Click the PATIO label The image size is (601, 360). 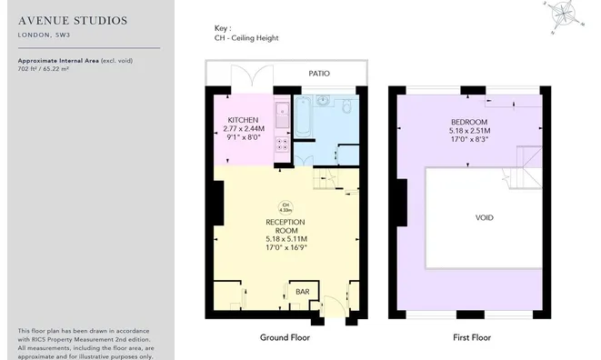click(x=318, y=73)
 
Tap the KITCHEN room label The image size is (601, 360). click(x=243, y=120)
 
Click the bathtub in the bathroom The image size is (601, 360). click(x=305, y=120)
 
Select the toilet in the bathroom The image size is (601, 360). click(x=347, y=108)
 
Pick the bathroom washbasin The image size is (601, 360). click(x=324, y=99)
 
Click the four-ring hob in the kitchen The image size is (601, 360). click(x=283, y=142)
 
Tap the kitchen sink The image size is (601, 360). click(x=282, y=115)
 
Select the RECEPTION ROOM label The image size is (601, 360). click(x=285, y=226)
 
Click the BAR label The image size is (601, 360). click(x=302, y=292)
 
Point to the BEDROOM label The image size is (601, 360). click(x=469, y=122)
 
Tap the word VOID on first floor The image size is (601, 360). click(x=485, y=218)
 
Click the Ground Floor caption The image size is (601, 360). click(x=285, y=337)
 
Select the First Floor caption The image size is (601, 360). click(x=472, y=337)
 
